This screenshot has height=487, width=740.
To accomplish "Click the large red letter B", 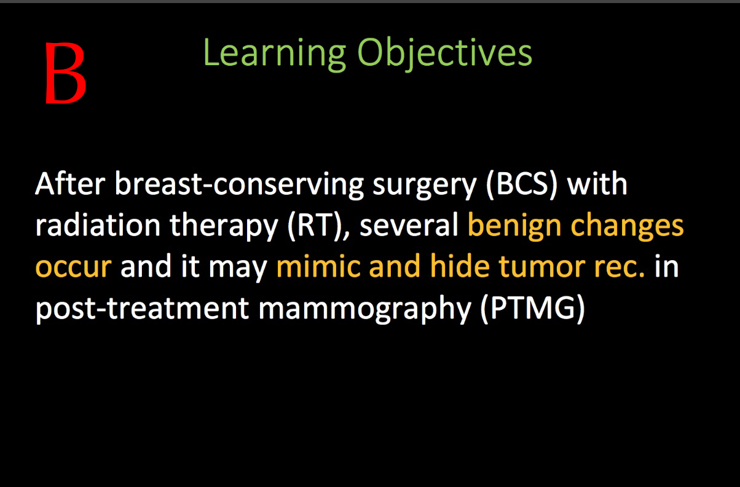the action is [x=65, y=73].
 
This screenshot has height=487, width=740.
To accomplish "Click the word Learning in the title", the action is [x=275, y=53].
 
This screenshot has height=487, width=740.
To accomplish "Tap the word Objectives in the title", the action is [x=444, y=53].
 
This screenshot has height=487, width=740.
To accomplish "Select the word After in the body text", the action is [x=70, y=183].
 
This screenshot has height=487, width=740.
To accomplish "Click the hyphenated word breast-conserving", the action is [x=239, y=185].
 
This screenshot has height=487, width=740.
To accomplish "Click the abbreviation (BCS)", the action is [x=522, y=184].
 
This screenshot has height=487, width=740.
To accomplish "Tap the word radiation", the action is [x=98, y=226].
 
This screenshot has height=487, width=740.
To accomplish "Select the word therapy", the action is [x=224, y=228].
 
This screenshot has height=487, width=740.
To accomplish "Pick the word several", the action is [x=409, y=226].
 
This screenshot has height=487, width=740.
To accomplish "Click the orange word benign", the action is [x=514, y=228].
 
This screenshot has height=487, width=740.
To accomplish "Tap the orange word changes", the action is [x=628, y=228].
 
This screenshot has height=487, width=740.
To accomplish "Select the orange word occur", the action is [x=74, y=267].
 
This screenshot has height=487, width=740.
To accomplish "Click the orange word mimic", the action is [x=318, y=266].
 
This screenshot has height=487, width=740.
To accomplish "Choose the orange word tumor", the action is [x=542, y=266].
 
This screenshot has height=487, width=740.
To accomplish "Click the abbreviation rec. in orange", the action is [x=620, y=267].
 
